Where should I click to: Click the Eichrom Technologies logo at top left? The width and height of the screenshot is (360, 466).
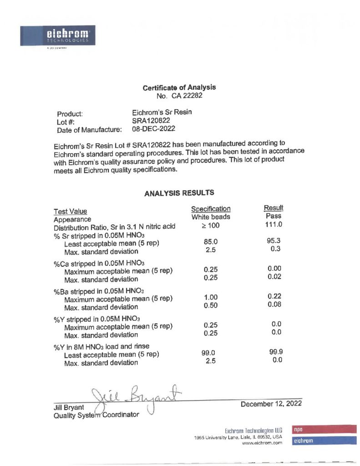57,35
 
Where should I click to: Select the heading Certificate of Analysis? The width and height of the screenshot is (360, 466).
179,87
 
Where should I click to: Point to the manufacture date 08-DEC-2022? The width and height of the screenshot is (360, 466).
153,130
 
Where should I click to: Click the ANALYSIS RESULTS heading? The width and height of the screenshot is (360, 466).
179,193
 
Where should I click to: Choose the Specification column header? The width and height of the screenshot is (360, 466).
211,209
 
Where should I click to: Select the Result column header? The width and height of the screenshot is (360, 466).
274,208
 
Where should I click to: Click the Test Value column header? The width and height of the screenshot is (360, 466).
70,211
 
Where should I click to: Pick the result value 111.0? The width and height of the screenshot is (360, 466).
274,224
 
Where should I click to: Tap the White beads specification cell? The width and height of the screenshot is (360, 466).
211,217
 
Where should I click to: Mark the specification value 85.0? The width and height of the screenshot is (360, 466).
210,243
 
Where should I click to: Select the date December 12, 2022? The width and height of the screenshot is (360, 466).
271,404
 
